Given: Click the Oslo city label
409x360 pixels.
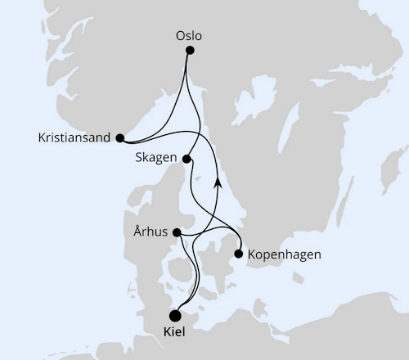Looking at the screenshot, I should pyautogui.click(x=188, y=36).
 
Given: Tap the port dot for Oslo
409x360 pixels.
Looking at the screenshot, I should pyautogui.click(x=190, y=51).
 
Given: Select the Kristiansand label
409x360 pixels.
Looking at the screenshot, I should pyautogui.click(x=73, y=138).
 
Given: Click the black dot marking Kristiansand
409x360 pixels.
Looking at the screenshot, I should pyautogui.click(x=119, y=138).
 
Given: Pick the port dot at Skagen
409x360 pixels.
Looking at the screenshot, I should pyautogui.click(x=187, y=159).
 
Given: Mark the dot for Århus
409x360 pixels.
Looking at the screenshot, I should pyautogui.click(x=178, y=232).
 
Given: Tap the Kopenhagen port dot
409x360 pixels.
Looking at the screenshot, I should pyautogui.click(x=239, y=254).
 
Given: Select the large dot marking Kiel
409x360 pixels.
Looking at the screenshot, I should pyautogui.click(x=174, y=316).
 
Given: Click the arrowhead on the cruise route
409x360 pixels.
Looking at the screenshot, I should pyautogui.click(x=218, y=182).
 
